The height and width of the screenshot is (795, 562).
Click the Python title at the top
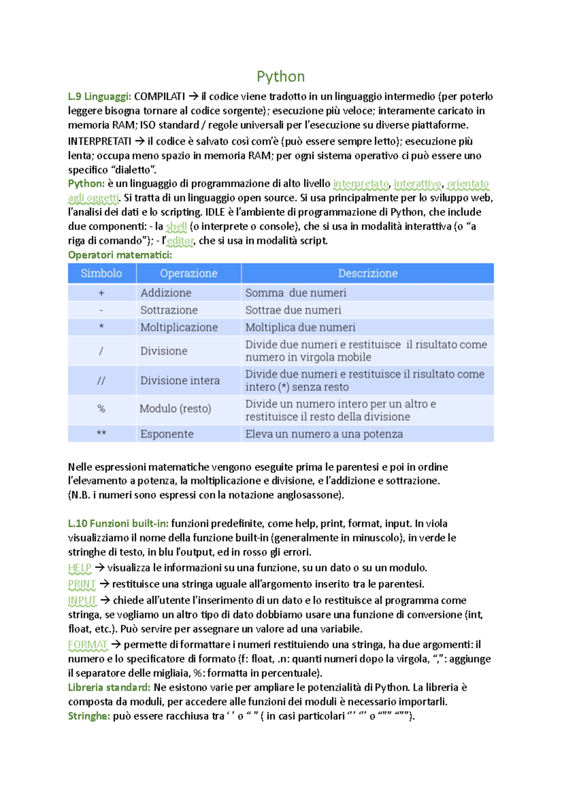click(x=281, y=76)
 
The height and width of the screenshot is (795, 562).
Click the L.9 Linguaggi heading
click(x=99, y=96)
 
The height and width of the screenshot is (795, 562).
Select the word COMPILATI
click(x=159, y=96)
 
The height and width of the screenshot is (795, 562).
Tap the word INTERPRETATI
click(x=99, y=141)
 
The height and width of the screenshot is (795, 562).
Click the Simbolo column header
click(x=101, y=273)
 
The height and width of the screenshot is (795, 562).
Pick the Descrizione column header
click(x=368, y=273)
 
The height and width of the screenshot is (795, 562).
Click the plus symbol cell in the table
click(x=101, y=293)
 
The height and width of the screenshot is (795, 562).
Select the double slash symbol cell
click(x=101, y=381)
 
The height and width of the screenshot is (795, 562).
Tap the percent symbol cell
click(x=101, y=409)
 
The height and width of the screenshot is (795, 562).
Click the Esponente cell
click(x=167, y=434)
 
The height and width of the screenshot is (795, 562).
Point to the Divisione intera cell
click(x=180, y=381)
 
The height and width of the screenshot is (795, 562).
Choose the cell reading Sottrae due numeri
click(x=293, y=310)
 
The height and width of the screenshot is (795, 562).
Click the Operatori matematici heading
click(x=120, y=255)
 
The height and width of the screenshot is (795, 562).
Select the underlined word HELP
click(x=80, y=568)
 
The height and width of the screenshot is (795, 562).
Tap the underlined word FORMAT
click(x=88, y=645)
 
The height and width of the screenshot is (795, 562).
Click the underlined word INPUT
click(x=82, y=600)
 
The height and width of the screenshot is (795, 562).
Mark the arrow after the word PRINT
click(x=104, y=584)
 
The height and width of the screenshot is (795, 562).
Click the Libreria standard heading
click(x=109, y=687)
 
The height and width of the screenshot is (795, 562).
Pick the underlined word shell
click(x=176, y=227)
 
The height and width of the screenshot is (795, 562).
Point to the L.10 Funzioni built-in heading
click(x=118, y=523)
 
